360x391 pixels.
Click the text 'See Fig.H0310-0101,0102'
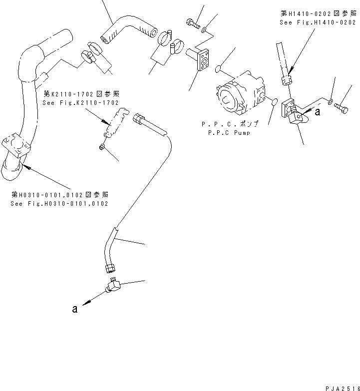pyautogui.click(x=59, y=204)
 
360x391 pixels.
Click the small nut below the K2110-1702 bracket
pyautogui.click(x=102, y=146)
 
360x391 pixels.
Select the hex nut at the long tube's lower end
pyautogui.click(x=109, y=269)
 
